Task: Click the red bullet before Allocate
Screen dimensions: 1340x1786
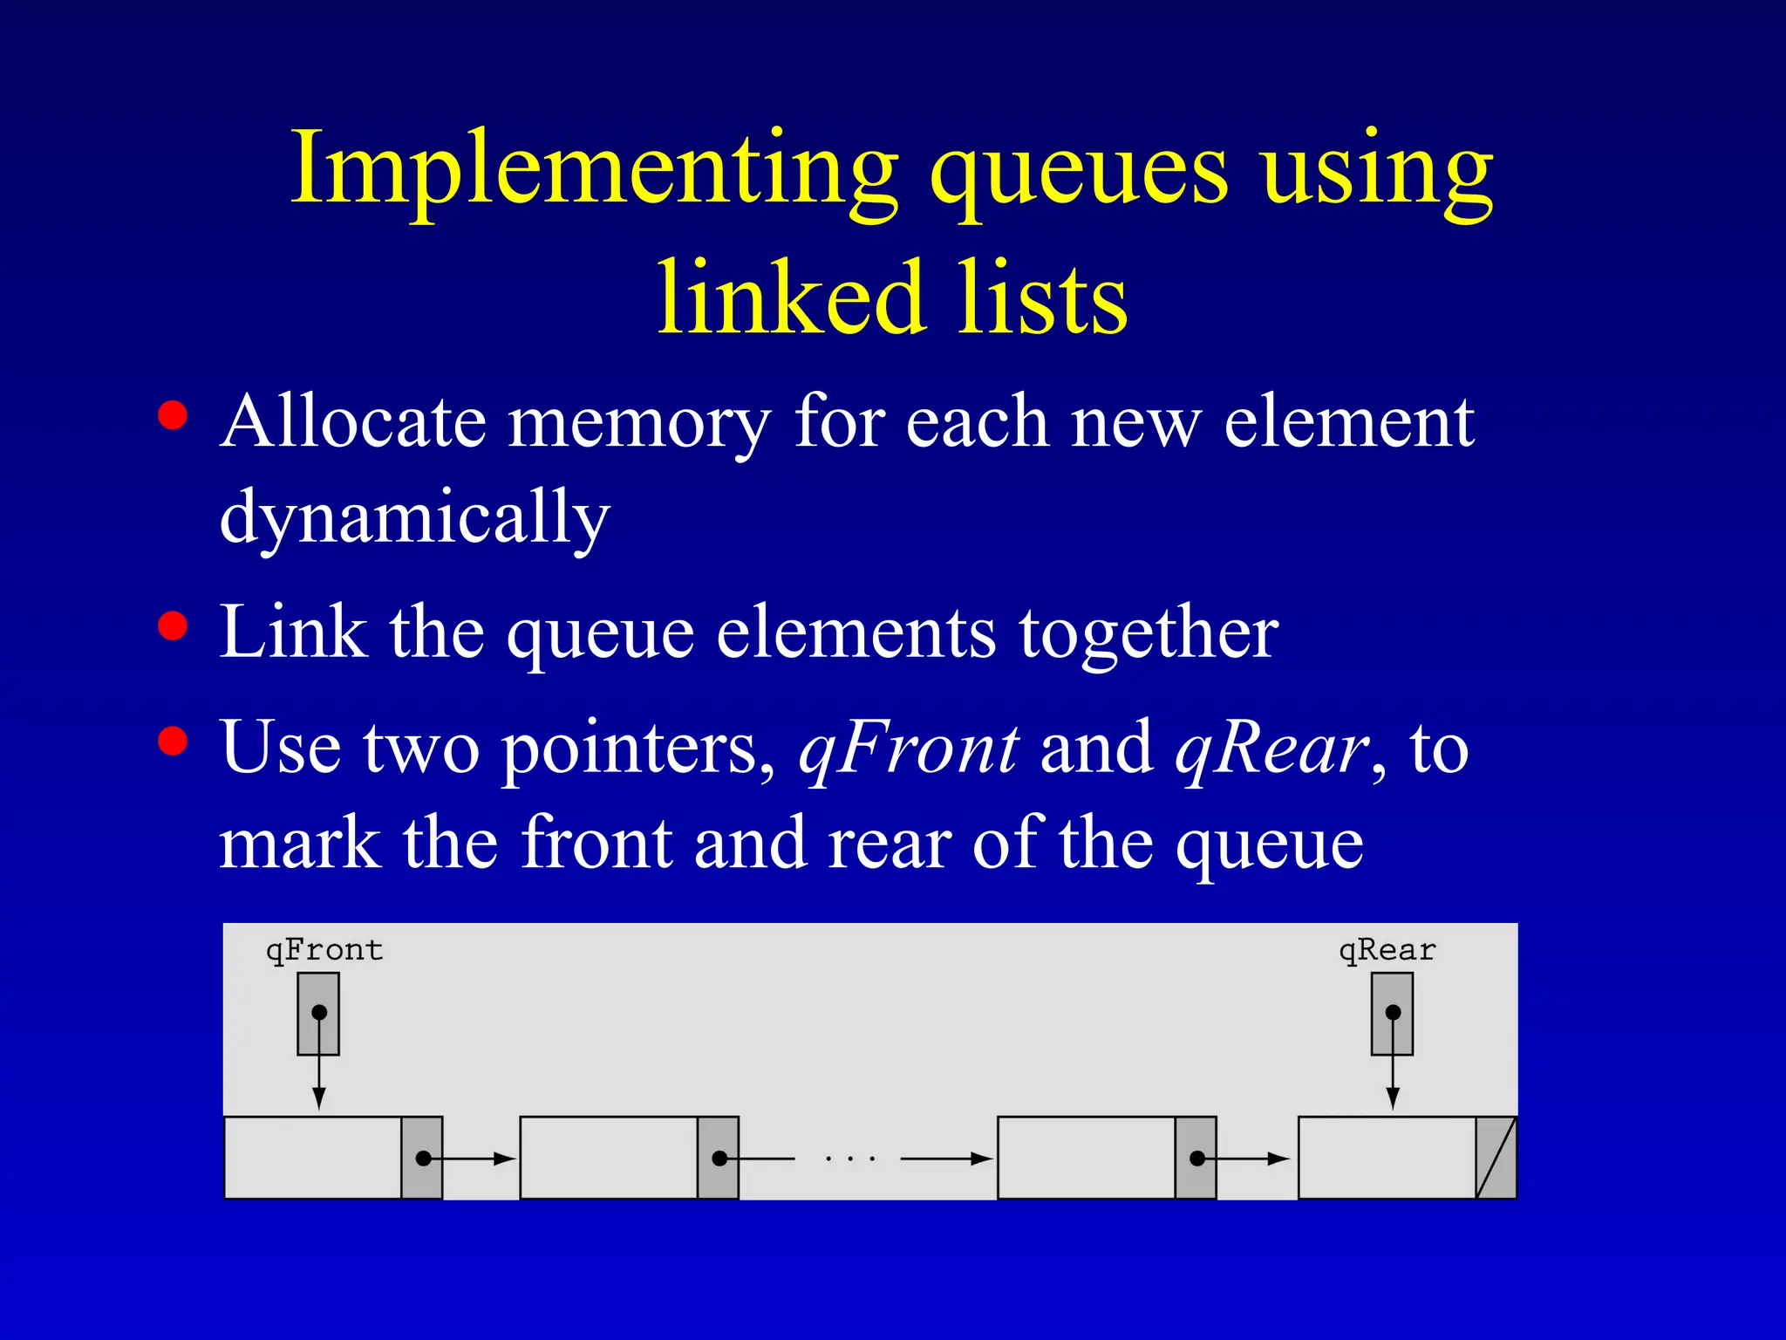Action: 174,415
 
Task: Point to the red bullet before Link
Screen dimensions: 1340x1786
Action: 174,626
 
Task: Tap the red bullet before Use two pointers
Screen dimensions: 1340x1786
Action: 174,741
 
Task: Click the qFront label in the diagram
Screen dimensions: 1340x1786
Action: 324,949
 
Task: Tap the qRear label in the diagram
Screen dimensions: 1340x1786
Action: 1387,949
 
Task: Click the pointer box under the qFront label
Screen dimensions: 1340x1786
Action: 318,1014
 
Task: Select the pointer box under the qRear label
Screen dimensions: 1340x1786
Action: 1392,1014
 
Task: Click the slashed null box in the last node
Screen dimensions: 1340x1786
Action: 1496,1158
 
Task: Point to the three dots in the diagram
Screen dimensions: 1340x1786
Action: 850,1159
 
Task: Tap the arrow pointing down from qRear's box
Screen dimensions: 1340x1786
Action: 1393,1082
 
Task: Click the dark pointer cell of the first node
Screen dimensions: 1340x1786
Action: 422,1158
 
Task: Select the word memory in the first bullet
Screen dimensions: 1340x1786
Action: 639,424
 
